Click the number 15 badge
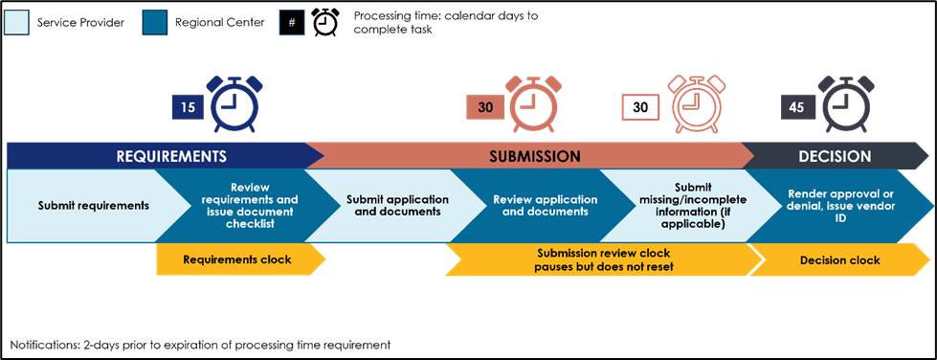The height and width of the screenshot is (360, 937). (188, 107)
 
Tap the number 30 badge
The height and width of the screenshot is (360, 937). (485, 107)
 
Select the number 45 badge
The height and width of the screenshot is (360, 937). (796, 107)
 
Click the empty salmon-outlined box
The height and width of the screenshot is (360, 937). (640, 107)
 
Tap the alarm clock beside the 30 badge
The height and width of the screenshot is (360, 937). (533, 104)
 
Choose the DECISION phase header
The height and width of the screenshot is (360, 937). (835, 156)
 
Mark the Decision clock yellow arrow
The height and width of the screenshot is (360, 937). (838, 259)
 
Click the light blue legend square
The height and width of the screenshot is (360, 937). (16, 22)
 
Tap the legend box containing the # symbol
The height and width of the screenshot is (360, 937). (291, 22)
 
